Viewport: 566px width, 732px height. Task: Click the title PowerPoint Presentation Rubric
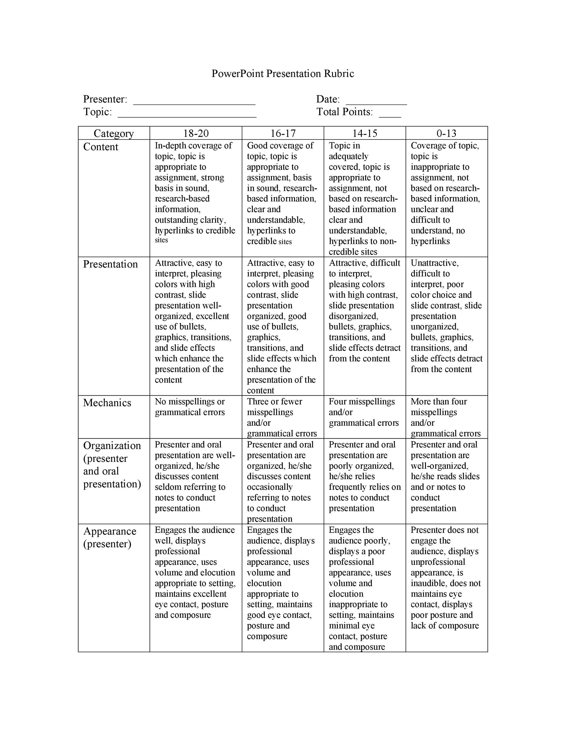tap(283, 74)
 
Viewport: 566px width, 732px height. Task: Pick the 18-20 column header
tap(196, 134)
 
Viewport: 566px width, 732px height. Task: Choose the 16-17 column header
tap(283, 134)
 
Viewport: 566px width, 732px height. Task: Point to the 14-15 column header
tap(365, 134)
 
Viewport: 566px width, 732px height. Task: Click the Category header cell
tap(114, 134)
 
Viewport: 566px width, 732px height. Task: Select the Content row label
tap(100, 147)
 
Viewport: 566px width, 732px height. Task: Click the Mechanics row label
tap(107, 403)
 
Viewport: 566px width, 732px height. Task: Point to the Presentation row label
tap(110, 264)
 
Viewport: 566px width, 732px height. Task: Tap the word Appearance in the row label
tap(110, 531)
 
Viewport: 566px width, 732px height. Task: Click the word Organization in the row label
tap(112, 445)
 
